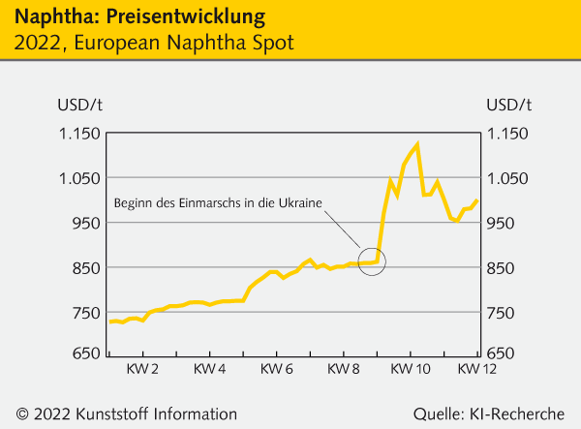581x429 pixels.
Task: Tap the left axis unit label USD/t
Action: pyautogui.click(x=76, y=105)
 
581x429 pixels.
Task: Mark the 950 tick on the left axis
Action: pyautogui.click(x=77, y=223)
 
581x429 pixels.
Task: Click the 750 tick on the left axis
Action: pyautogui.click(x=77, y=313)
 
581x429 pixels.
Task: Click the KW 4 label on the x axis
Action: pyautogui.click(x=209, y=369)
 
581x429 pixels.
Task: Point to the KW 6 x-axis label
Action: pyautogui.click(x=277, y=369)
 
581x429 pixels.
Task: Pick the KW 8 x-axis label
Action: pyautogui.click(x=344, y=369)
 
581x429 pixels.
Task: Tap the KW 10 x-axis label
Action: pyautogui.click(x=411, y=369)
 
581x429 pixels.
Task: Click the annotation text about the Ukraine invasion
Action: pyautogui.click(x=218, y=202)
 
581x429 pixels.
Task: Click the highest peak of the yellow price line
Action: pyautogui.click(x=416, y=144)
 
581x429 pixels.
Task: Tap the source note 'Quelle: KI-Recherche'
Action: pyautogui.click(x=489, y=413)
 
